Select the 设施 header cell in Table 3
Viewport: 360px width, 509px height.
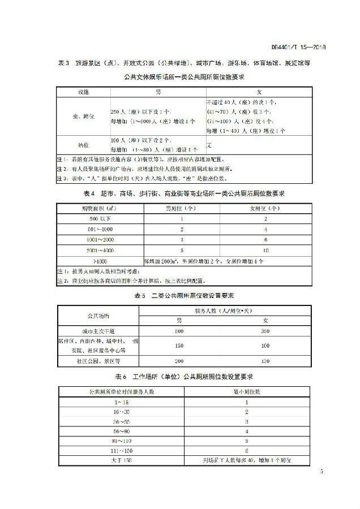point(83,91)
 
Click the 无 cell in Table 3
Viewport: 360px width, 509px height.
point(209,145)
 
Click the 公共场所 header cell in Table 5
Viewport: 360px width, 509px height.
point(99,316)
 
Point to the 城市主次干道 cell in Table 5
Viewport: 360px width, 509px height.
point(99,330)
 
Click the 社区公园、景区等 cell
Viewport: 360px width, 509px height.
point(99,360)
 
